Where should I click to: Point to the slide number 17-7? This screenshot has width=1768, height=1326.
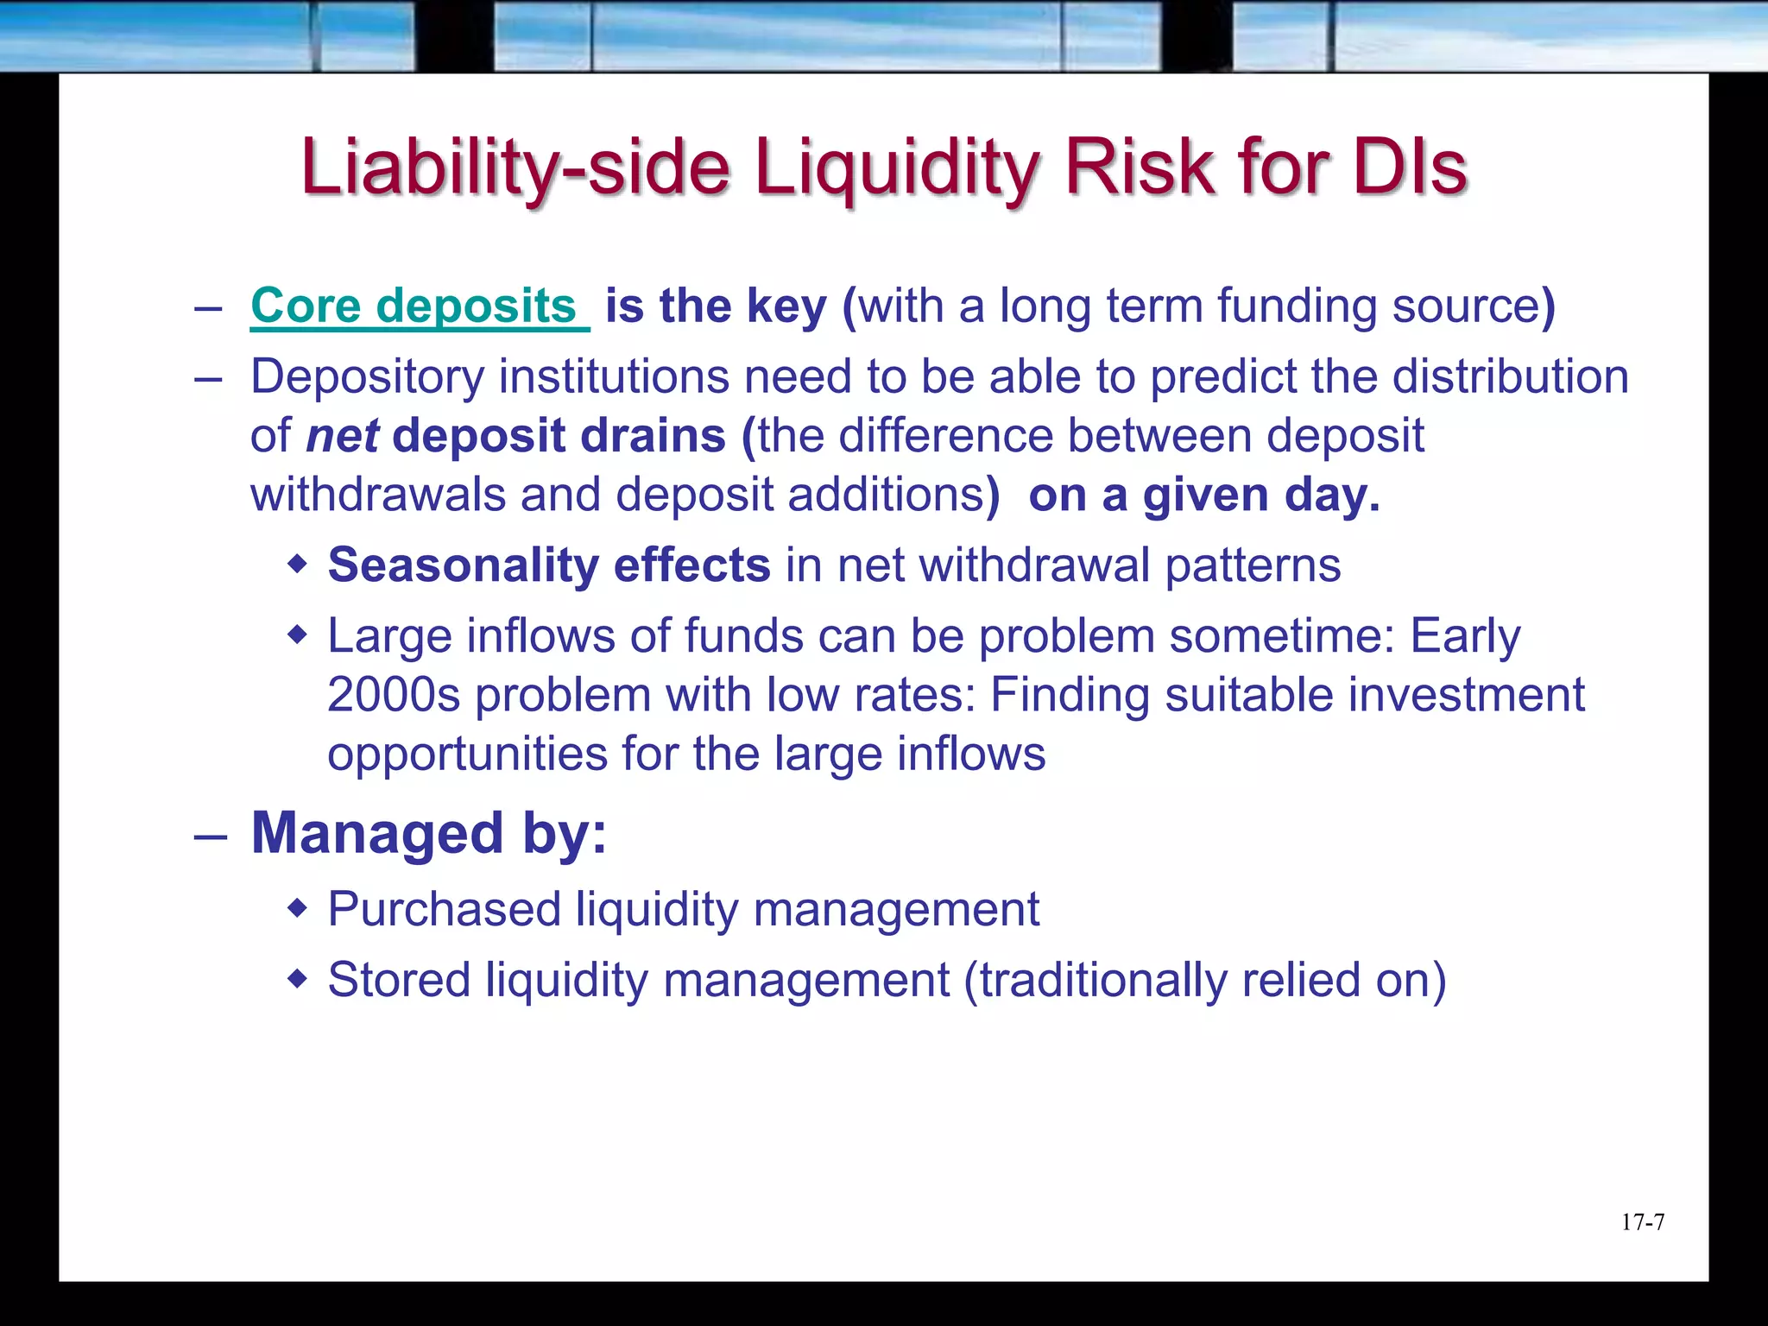[x=1643, y=1222]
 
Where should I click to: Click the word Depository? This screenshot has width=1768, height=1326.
[x=367, y=377]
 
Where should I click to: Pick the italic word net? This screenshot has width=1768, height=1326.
[x=342, y=436]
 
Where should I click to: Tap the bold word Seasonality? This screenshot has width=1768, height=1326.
[x=463, y=565]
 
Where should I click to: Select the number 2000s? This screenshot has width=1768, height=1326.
[x=394, y=695]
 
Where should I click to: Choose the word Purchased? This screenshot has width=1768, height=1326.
[x=445, y=910]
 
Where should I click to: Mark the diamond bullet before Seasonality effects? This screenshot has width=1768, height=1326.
[x=297, y=565]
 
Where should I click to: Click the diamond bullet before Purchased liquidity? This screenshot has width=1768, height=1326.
[x=297, y=909]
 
